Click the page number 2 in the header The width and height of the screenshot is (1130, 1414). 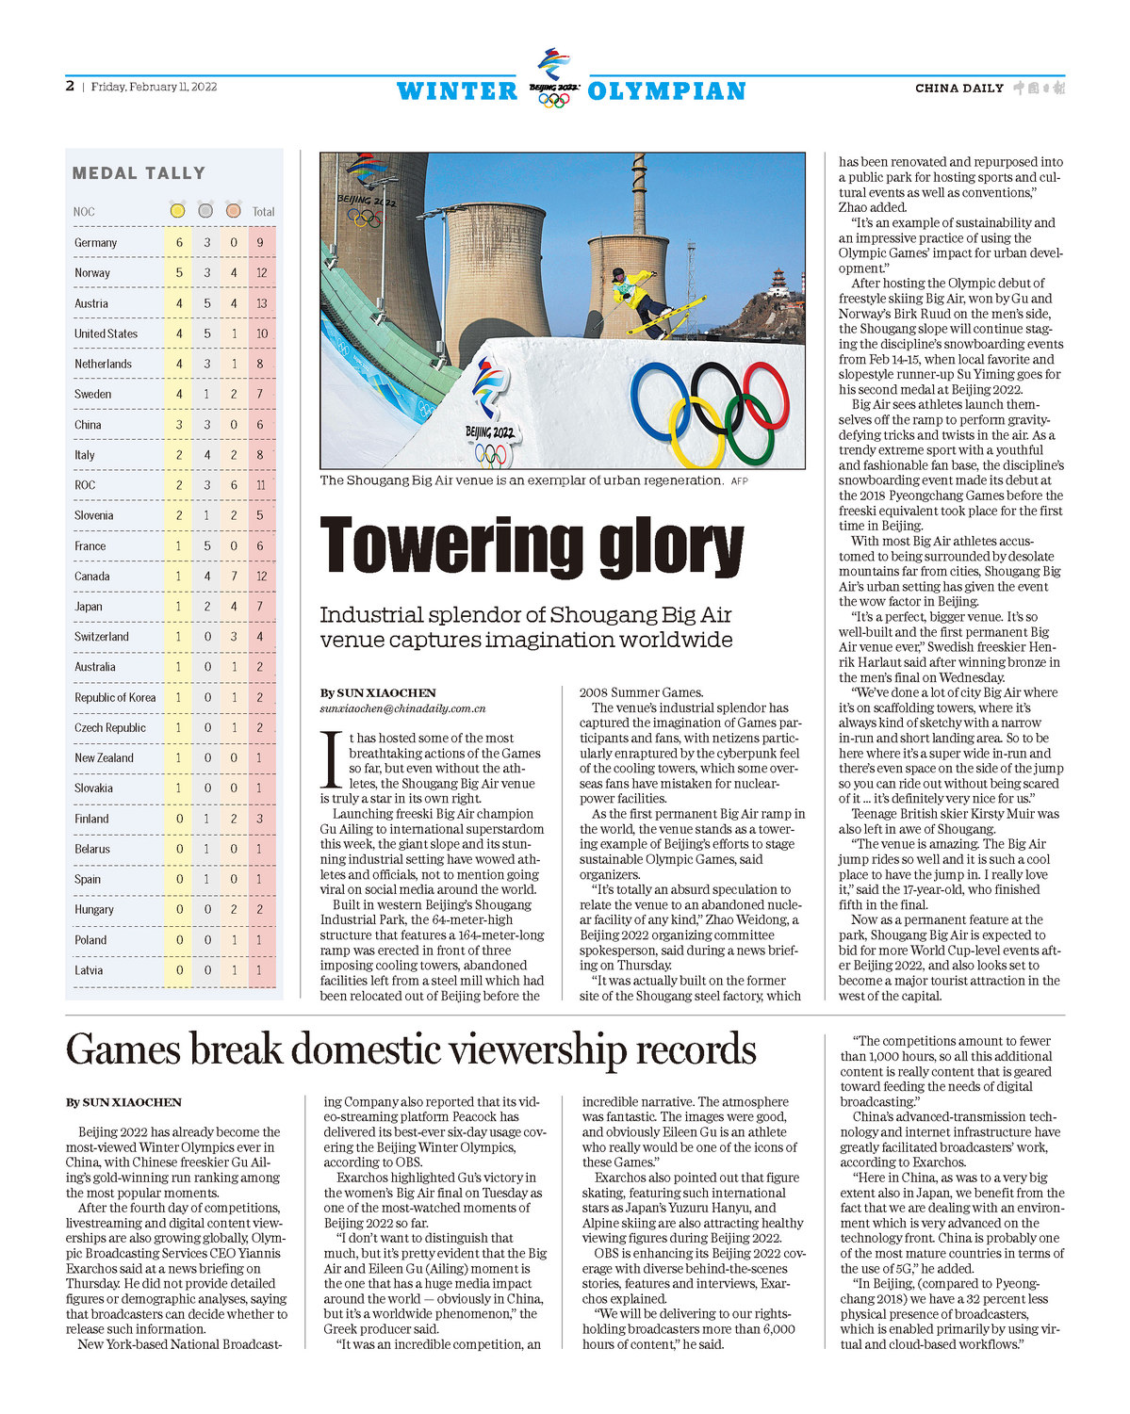(70, 87)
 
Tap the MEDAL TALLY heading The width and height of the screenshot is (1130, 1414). (139, 173)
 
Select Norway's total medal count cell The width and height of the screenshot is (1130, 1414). (262, 273)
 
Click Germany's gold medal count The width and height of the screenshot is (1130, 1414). (179, 243)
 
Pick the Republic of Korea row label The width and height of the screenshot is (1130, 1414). (115, 698)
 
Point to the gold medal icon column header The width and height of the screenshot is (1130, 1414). (177, 211)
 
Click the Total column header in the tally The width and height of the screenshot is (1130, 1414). (263, 212)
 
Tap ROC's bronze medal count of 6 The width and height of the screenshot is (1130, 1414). (234, 485)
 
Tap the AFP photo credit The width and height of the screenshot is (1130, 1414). (740, 481)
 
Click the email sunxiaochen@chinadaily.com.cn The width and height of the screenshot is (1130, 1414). (402, 708)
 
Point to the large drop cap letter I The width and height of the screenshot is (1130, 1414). (331, 759)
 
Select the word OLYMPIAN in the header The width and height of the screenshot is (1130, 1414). (666, 91)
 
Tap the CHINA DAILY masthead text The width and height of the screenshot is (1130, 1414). (958, 89)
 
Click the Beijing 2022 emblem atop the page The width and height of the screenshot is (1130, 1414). (553, 77)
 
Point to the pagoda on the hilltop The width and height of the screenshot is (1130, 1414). (778, 280)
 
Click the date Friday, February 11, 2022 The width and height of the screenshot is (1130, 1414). (154, 87)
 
